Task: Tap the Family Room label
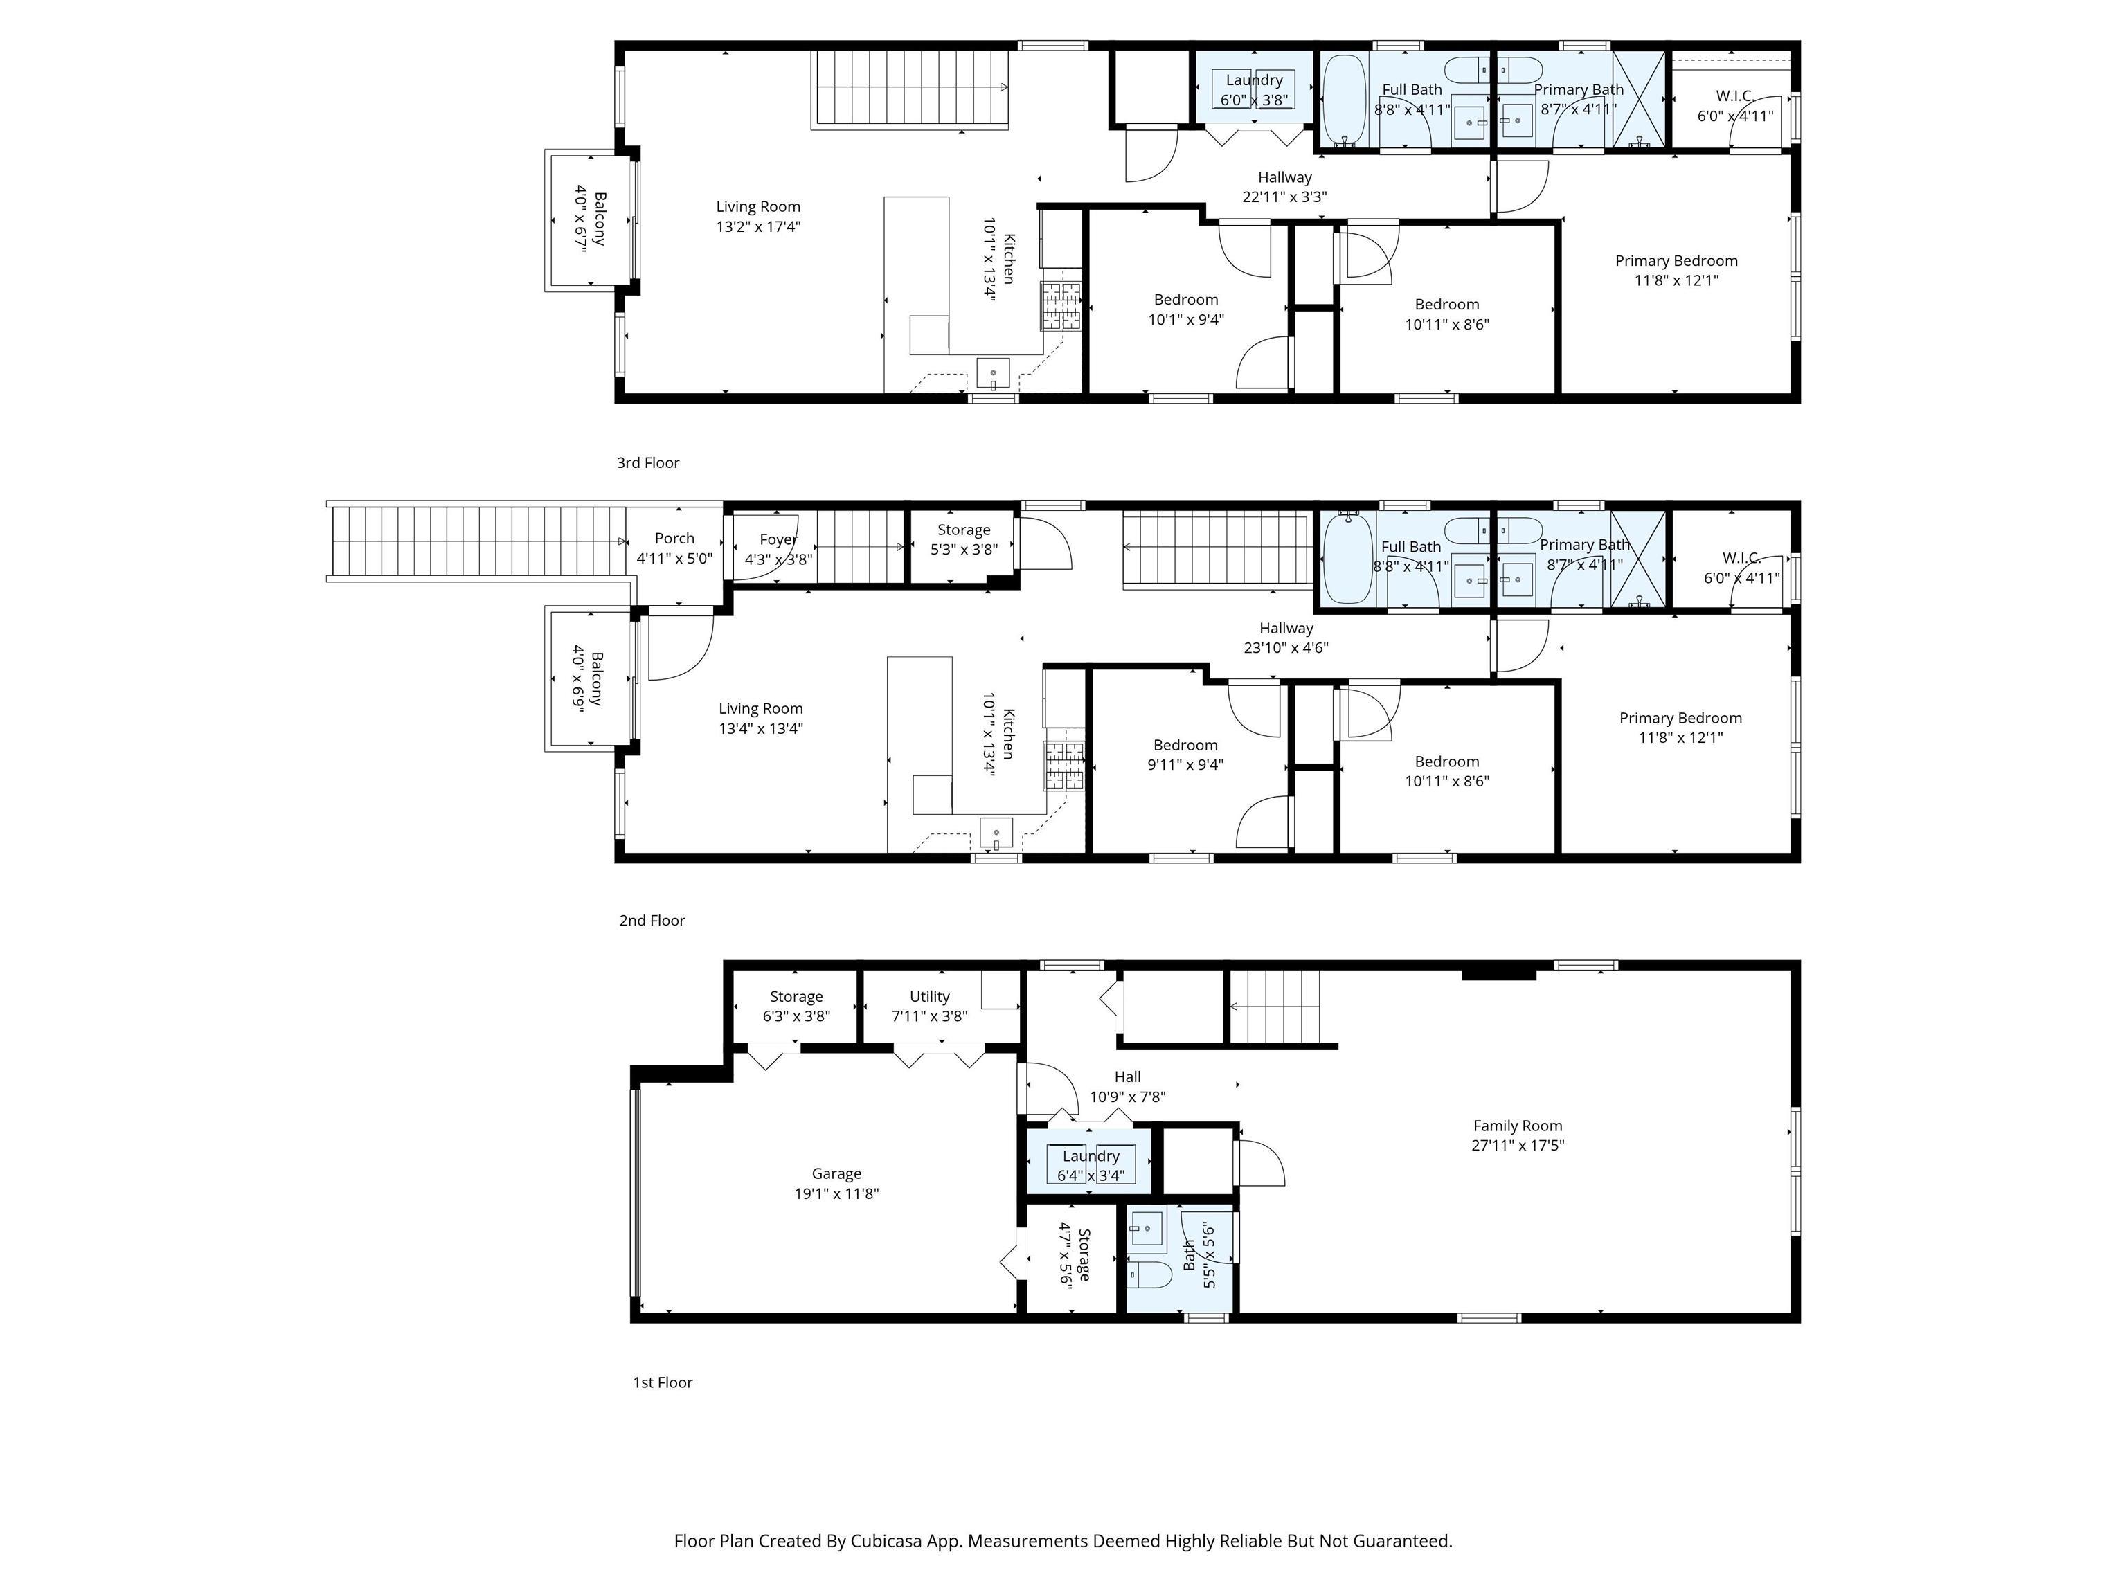click(1518, 1125)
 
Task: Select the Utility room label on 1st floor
click(929, 996)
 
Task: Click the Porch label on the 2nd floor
click(674, 539)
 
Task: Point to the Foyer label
click(778, 539)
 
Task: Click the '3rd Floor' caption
click(648, 462)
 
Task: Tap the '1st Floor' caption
click(663, 1382)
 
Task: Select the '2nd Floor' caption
click(652, 920)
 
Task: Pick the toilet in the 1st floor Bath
click(1149, 1276)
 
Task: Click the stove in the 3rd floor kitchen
click(1061, 306)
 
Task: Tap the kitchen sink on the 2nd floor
click(996, 831)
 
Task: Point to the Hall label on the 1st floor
click(1128, 1076)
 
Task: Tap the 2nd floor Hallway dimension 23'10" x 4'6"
click(1286, 648)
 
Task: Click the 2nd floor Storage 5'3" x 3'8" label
click(964, 539)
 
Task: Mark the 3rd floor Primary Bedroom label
click(1676, 260)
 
